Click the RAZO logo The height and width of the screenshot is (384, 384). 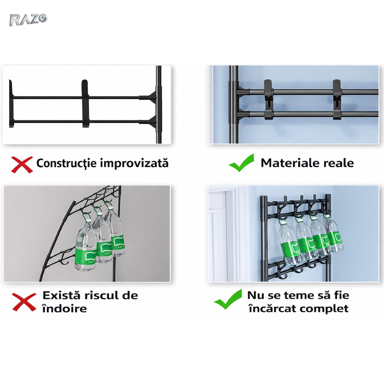pyautogui.click(x=28, y=20)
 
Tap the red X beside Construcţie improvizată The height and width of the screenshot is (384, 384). pyautogui.click(x=22, y=165)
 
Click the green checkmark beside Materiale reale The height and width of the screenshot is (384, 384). pyautogui.click(x=241, y=163)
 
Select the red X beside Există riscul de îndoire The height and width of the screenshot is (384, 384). pyautogui.click(x=24, y=302)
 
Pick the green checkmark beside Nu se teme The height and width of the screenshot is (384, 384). pyautogui.click(x=228, y=299)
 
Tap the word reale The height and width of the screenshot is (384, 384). pyautogui.click(x=339, y=163)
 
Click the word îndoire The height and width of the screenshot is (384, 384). pyautogui.click(x=65, y=308)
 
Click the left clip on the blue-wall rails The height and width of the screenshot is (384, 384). pyautogui.click(x=268, y=100)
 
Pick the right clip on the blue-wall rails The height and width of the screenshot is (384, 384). pyautogui.click(x=337, y=100)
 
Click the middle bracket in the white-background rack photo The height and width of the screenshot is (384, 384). pyautogui.click(x=85, y=103)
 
